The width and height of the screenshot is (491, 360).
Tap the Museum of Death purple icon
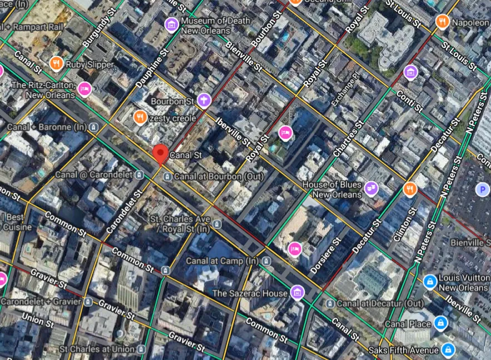[x=172, y=24]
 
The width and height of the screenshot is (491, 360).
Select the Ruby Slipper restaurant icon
[x=56, y=64]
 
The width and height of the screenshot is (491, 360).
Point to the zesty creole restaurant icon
[x=140, y=117]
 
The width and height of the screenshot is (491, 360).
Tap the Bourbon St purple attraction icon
[x=204, y=100]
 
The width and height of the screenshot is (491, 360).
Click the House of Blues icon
[x=371, y=189]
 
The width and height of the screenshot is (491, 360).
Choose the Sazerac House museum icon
[x=297, y=292]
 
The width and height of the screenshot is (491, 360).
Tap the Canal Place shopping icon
[x=440, y=323]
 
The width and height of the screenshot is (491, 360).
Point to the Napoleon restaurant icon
[x=442, y=22]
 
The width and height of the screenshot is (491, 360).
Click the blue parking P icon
[x=483, y=190]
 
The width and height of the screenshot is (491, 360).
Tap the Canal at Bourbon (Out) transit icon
[x=167, y=177]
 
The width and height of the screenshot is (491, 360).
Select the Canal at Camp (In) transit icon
[x=267, y=261]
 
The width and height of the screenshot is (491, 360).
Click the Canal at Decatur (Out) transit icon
[x=330, y=303]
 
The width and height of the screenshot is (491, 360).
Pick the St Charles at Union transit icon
[x=141, y=349]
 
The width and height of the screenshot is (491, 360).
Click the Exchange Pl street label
[x=343, y=89]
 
